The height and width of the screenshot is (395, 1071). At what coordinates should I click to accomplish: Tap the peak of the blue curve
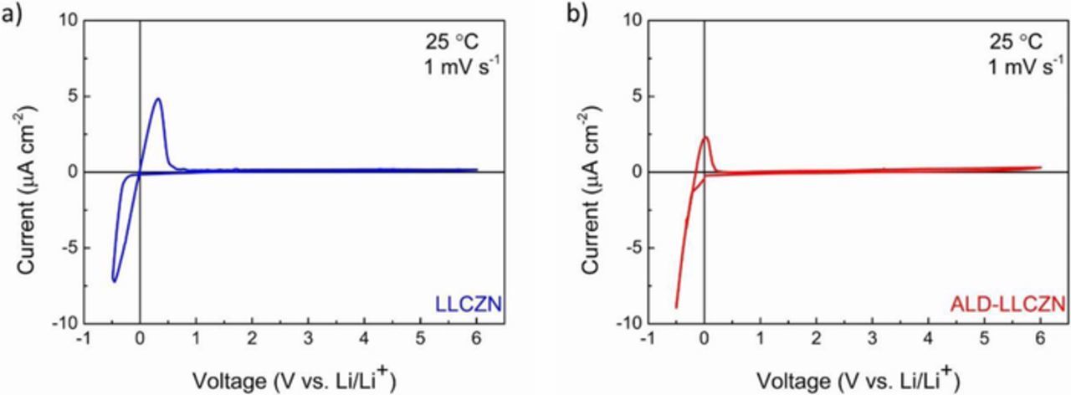click(x=157, y=99)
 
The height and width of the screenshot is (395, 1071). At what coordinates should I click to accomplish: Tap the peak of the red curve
click(x=705, y=137)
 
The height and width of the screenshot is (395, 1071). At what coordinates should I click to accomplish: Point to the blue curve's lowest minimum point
click(x=114, y=280)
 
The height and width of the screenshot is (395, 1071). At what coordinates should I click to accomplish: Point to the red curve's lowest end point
click(x=676, y=307)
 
